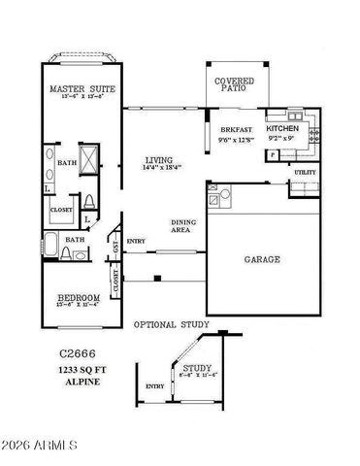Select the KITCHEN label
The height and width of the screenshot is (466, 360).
point(283,128)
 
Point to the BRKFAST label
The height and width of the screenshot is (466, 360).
point(236,128)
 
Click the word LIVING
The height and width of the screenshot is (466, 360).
point(159,160)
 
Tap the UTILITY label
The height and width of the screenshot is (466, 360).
point(305,172)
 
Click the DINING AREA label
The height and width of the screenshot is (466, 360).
point(184,227)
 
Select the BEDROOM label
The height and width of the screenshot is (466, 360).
point(78,297)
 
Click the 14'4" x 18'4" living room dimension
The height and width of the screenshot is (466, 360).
point(159,170)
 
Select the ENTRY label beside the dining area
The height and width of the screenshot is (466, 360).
point(136,242)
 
